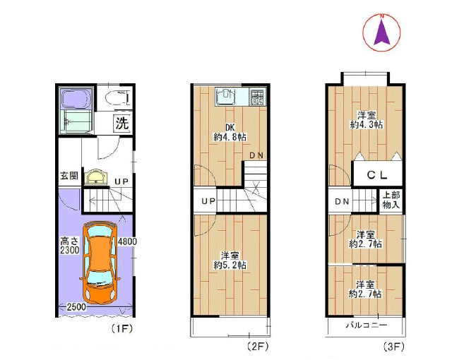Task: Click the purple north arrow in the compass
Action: click(382, 32)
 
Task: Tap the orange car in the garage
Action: click(100, 263)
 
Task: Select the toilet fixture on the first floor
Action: click(117, 97)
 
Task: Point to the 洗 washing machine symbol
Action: click(122, 123)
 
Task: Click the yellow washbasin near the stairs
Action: click(96, 177)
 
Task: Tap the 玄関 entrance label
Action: click(69, 176)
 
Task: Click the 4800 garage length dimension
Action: click(127, 241)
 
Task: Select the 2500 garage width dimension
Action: click(76, 307)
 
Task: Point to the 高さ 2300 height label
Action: click(70, 246)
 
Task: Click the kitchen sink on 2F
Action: click(227, 96)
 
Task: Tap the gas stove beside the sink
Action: click(257, 97)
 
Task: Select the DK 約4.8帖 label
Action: click(230, 132)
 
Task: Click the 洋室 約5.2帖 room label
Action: click(230, 260)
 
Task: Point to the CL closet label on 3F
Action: click(377, 175)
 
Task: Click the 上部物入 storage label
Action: click(391, 200)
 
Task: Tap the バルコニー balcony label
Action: click(367, 325)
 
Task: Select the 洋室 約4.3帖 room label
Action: click(367, 120)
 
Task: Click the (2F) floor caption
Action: click(258, 346)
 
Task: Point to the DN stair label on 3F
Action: click(342, 201)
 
